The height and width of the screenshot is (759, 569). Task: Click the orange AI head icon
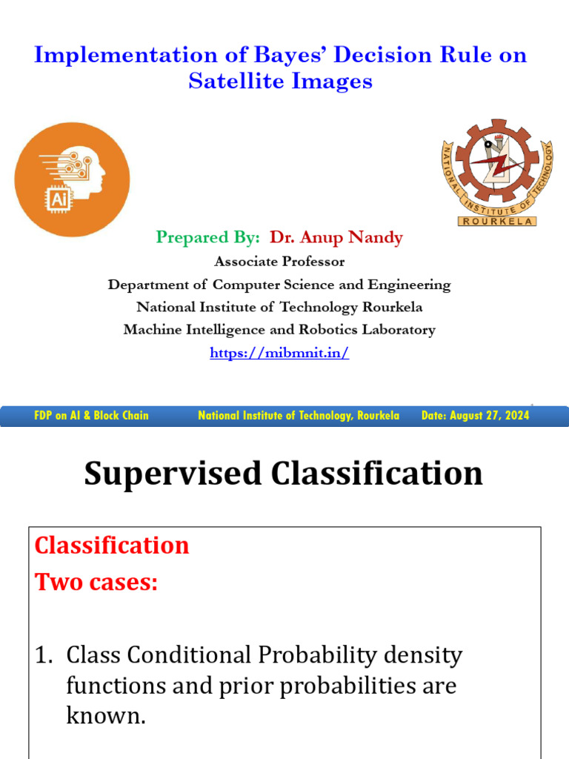(72, 179)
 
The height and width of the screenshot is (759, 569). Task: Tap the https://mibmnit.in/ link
(279, 354)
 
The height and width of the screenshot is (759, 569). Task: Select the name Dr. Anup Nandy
(336, 237)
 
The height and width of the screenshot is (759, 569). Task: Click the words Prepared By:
(208, 237)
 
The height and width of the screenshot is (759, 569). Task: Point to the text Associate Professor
(279, 262)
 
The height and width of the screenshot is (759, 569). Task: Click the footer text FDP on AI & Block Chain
(91, 416)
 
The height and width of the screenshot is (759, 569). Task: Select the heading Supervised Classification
(283, 474)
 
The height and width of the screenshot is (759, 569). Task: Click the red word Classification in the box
(112, 546)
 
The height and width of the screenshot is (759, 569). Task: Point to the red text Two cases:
(96, 583)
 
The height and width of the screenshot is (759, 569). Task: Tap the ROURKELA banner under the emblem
(497, 221)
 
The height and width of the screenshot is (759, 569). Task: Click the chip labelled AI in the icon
(59, 199)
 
